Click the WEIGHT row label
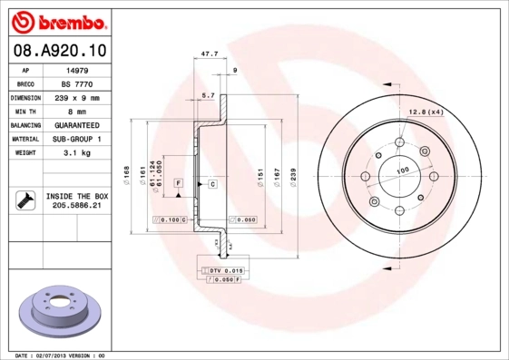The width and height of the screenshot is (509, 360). click(24, 153)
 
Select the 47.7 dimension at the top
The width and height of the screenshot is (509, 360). click(208, 54)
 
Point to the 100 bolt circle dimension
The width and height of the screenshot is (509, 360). click(401, 170)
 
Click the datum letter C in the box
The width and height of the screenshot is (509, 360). click(212, 184)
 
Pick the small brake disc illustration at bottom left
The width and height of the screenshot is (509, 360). click(55, 313)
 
